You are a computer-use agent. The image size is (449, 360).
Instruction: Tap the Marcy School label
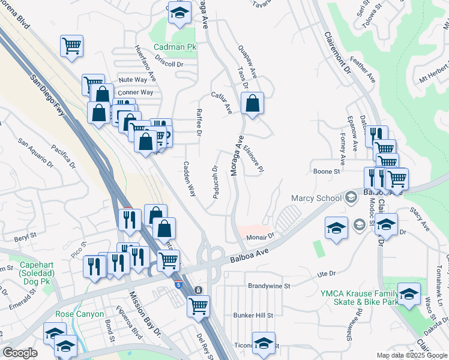click(316, 198)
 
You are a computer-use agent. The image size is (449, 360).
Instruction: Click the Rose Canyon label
click(79, 314)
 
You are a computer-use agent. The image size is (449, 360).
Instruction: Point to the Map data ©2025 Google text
click(412, 355)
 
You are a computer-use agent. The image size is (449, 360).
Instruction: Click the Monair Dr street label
click(260, 237)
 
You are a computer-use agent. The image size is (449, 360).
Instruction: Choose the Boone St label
click(327, 172)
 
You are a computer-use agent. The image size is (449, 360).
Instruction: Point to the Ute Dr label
click(326, 274)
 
